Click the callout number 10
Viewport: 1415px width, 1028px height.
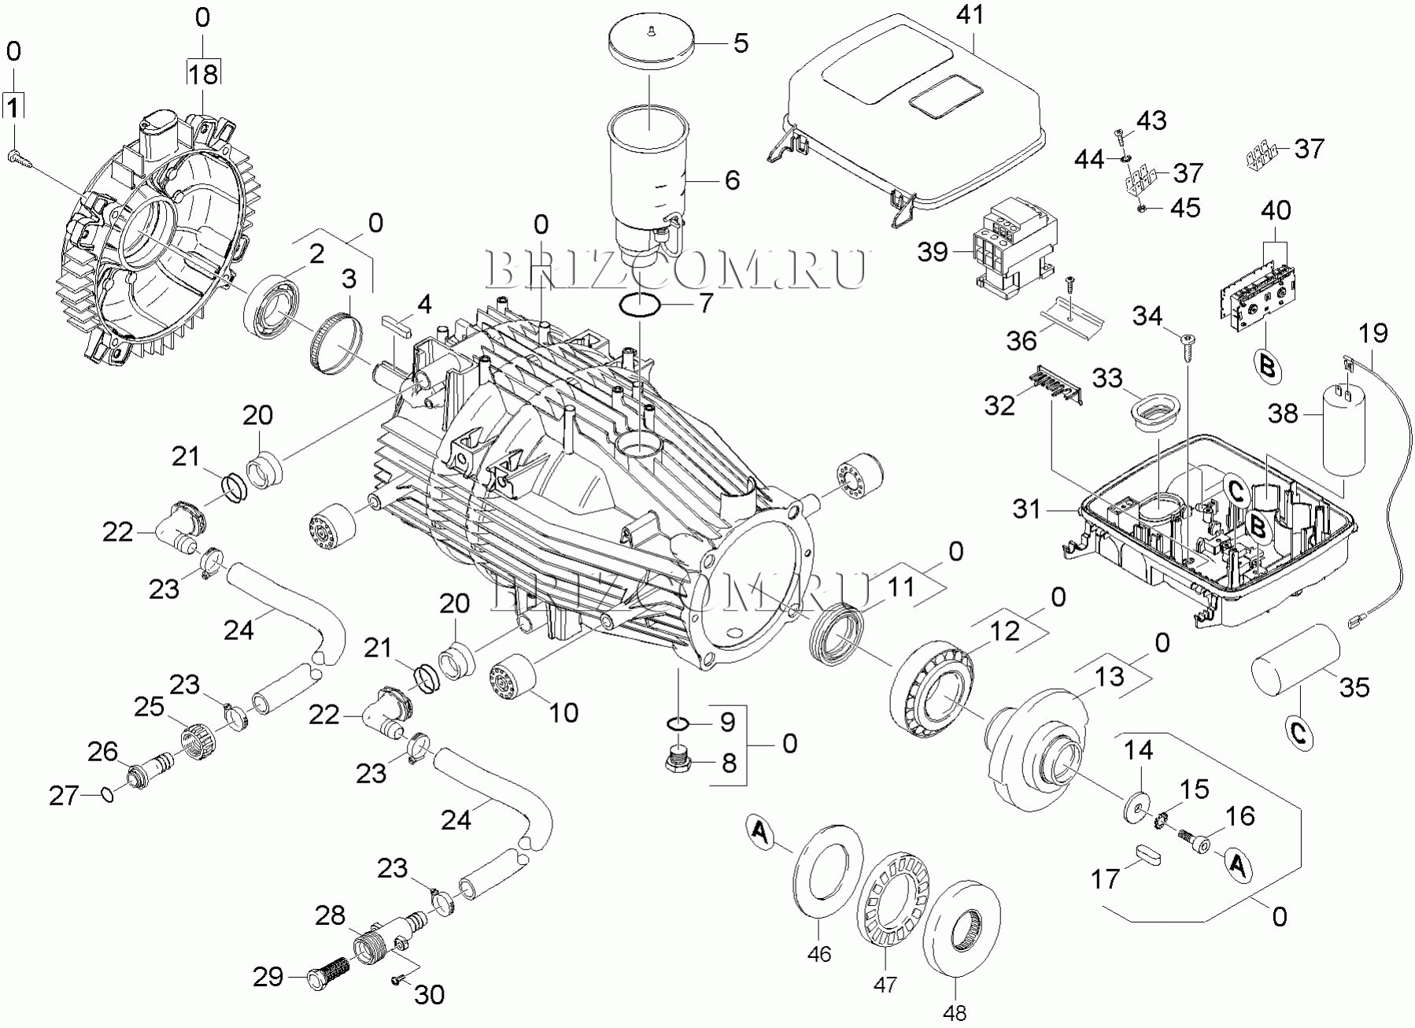click(x=563, y=712)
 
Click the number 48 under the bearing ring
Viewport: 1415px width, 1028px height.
click(x=955, y=1011)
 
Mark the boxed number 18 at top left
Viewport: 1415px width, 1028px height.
click(x=202, y=74)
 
